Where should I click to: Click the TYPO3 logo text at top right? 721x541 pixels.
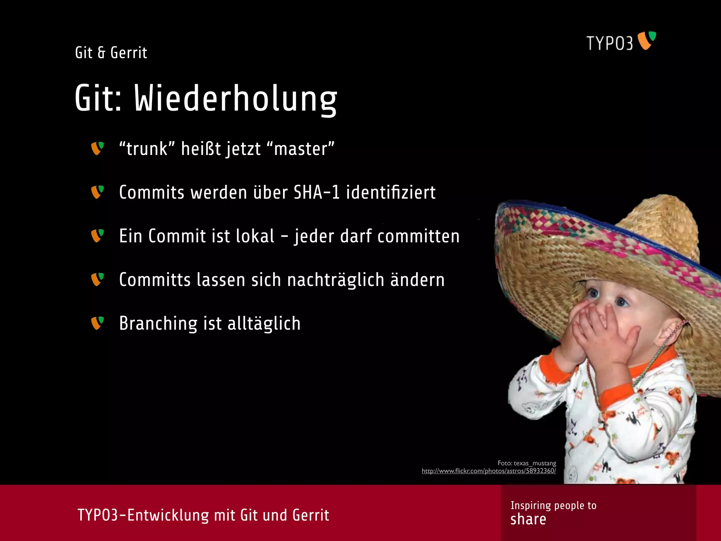click(609, 43)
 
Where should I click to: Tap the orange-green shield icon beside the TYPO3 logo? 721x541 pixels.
click(647, 40)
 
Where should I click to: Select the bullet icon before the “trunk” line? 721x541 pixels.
click(97, 148)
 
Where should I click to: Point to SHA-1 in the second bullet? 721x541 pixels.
click(316, 192)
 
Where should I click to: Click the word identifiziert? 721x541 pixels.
click(391, 192)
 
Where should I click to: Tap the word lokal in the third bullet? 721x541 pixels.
click(255, 236)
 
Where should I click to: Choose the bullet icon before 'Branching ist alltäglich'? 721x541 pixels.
click(97, 323)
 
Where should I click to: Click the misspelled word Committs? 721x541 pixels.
click(155, 280)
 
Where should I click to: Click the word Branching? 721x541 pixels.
click(158, 323)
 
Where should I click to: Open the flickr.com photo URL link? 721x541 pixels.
click(489, 471)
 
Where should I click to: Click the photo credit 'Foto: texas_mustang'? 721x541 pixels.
click(527, 463)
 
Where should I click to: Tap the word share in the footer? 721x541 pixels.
click(528, 519)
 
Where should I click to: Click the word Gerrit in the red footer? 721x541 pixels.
click(311, 515)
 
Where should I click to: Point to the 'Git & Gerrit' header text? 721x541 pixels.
click(111, 53)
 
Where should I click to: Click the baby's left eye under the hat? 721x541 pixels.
click(622, 301)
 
